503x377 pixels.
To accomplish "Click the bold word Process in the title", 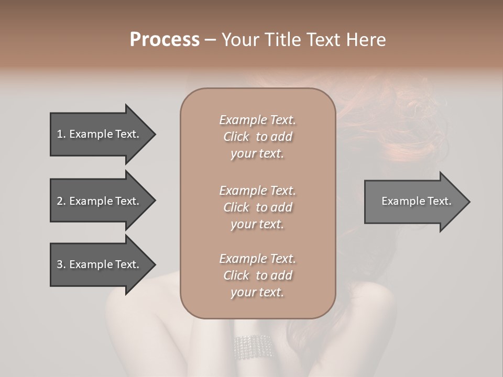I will (x=165, y=40).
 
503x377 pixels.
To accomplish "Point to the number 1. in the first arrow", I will (x=61, y=134).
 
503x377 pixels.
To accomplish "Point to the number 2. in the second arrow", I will (x=61, y=201).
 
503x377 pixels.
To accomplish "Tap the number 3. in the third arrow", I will (x=61, y=264).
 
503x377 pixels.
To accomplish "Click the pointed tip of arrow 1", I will (x=154, y=134).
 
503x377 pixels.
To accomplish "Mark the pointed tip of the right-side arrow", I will (x=468, y=202).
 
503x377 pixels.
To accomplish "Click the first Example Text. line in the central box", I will (x=257, y=120).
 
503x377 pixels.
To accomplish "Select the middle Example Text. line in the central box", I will (x=257, y=190).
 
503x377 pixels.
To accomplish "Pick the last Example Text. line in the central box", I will (x=257, y=258).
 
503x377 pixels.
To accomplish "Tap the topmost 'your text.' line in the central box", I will (x=257, y=154).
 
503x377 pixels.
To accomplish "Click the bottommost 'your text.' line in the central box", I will (x=257, y=292).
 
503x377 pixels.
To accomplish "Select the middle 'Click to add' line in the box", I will (x=257, y=207).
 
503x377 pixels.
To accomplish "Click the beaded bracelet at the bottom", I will (x=253, y=347).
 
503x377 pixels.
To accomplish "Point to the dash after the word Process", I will (x=210, y=40).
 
